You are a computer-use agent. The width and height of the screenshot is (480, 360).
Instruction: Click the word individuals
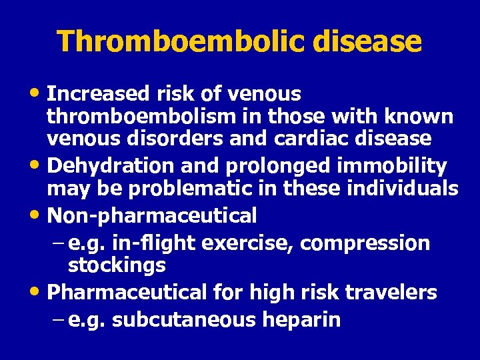pos(403,189)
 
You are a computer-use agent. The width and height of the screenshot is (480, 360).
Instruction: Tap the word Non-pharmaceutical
pos(152,215)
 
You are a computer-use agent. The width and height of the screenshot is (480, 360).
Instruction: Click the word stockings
pos(117,266)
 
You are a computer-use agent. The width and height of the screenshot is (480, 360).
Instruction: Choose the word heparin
pos(301,320)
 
